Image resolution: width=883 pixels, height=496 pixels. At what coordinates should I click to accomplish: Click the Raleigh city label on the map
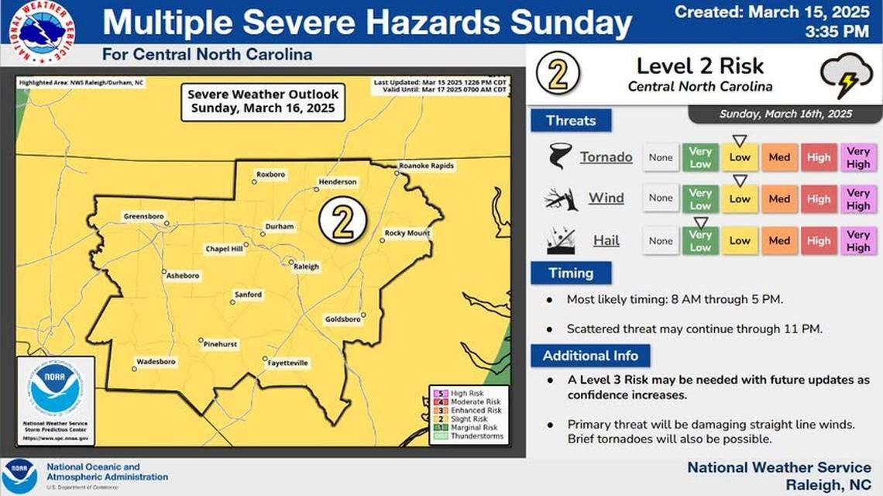click(x=306, y=267)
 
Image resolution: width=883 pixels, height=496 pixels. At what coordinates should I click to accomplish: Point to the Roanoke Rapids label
click(x=426, y=166)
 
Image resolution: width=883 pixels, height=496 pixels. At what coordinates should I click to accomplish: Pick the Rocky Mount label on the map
click(x=407, y=233)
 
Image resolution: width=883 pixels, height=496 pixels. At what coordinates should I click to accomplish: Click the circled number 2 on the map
click(x=342, y=221)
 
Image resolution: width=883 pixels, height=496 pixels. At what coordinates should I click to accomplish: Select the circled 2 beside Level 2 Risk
click(x=558, y=74)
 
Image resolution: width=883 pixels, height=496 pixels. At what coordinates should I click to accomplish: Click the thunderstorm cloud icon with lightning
click(x=846, y=74)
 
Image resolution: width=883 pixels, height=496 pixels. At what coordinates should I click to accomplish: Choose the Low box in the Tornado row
click(x=740, y=157)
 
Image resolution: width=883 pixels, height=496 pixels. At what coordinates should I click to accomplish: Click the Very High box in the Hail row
click(x=857, y=240)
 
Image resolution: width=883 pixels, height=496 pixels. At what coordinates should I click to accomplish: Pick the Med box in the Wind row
click(x=779, y=198)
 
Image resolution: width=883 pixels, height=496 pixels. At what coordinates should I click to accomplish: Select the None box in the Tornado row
click(x=661, y=157)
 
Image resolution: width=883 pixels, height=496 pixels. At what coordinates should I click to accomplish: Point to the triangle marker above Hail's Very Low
click(x=700, y=222)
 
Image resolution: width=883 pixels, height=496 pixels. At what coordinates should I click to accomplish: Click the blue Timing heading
click(x=570, y=273)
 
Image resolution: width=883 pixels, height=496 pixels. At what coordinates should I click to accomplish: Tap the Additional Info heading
click(x=590, y=356)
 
